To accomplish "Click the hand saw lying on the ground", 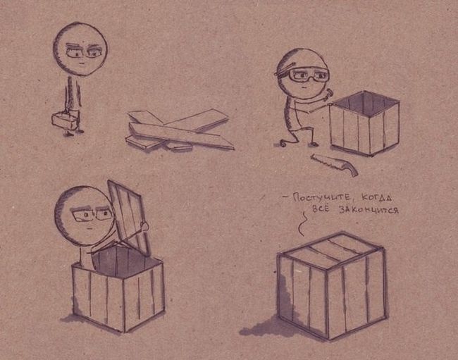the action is pyautogui.click(x=335, y=164).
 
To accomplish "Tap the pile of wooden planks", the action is pyautogui.click(x=179, y=131).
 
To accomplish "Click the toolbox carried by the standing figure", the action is pyautogui.click(x=65, y=120).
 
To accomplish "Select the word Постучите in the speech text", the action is pyautogui.click(x=322, y=198).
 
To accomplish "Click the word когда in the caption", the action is pyautogui.click(x=376, y=198).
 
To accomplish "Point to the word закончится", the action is pyautogui.click(x=369, y=210).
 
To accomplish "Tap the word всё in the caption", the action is pyautogui.click(x=321, y=209).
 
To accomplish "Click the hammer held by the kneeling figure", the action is pyautogui.click(x=327, y=96).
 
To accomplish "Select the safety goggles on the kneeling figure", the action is pyautogui.click(x=308, y=75).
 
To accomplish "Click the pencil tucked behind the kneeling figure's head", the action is pyautogui.click(x=285, y=69).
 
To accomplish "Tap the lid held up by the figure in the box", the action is pyautogui.click(x=128, y=216).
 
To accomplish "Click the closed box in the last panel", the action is pyautogui.click(x=332, y=285).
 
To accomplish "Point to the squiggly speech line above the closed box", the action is pyautogui.click(x=302, y=223).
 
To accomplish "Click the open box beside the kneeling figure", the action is pyautogui.click(x=364, y=123).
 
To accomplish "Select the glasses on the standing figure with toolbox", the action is pyautogui.click(x=83, y=53).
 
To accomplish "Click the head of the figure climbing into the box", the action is pyautogui.click(x=84, y=216).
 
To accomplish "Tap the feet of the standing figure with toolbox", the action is pyautogui.click(x=73, y=133).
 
